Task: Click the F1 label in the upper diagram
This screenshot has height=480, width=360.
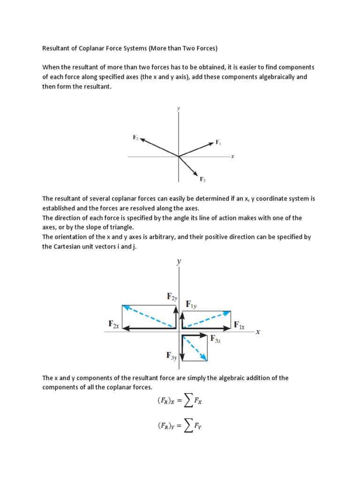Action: [x=218, y=142]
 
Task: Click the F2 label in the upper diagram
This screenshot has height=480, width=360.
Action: [x=135, y=137]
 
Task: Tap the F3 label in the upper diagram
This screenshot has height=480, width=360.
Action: [x=202, y=179]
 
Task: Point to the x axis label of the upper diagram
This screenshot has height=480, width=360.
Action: [x=232, y=156]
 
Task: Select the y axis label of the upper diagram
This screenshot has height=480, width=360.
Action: [x=178, y=108]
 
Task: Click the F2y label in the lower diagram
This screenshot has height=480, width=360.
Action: [x=172, y=296]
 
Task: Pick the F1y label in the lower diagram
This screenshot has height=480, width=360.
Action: [x=191, y=305]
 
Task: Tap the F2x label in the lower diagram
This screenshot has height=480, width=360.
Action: [x=113, y=324]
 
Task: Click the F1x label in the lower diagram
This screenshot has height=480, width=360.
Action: [x=239, y=324]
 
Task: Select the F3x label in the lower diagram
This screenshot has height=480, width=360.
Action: [x=215, y=338]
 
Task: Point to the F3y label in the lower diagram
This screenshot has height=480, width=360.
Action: [x=171, y=356]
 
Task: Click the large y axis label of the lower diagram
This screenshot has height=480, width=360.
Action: [x=179, y=262]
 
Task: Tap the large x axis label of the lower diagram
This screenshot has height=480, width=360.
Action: [x=257, y=331]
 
